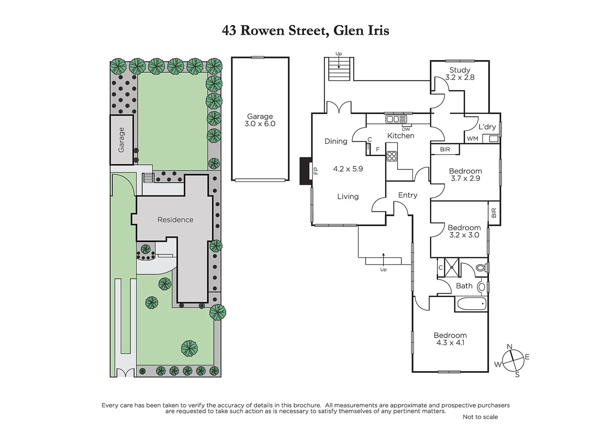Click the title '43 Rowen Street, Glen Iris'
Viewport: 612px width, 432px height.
305,30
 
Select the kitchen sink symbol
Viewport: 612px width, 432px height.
396,119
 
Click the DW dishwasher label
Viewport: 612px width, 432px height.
406,129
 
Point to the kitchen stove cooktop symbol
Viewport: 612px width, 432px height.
392,156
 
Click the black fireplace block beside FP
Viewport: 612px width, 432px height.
306,171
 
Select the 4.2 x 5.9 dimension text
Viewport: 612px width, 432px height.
348,169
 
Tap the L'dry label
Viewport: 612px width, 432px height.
487,127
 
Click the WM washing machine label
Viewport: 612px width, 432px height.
472,139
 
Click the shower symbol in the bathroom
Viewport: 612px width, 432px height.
453,268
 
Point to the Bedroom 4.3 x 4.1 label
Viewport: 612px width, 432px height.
450,339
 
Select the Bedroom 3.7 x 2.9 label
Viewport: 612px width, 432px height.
465,175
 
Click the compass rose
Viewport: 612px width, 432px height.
513,360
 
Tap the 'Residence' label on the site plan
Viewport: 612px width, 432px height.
175,220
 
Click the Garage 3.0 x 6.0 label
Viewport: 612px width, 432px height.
260,120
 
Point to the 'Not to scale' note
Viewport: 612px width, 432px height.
480,417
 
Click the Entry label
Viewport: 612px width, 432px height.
407,195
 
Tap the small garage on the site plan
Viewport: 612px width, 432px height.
122,140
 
